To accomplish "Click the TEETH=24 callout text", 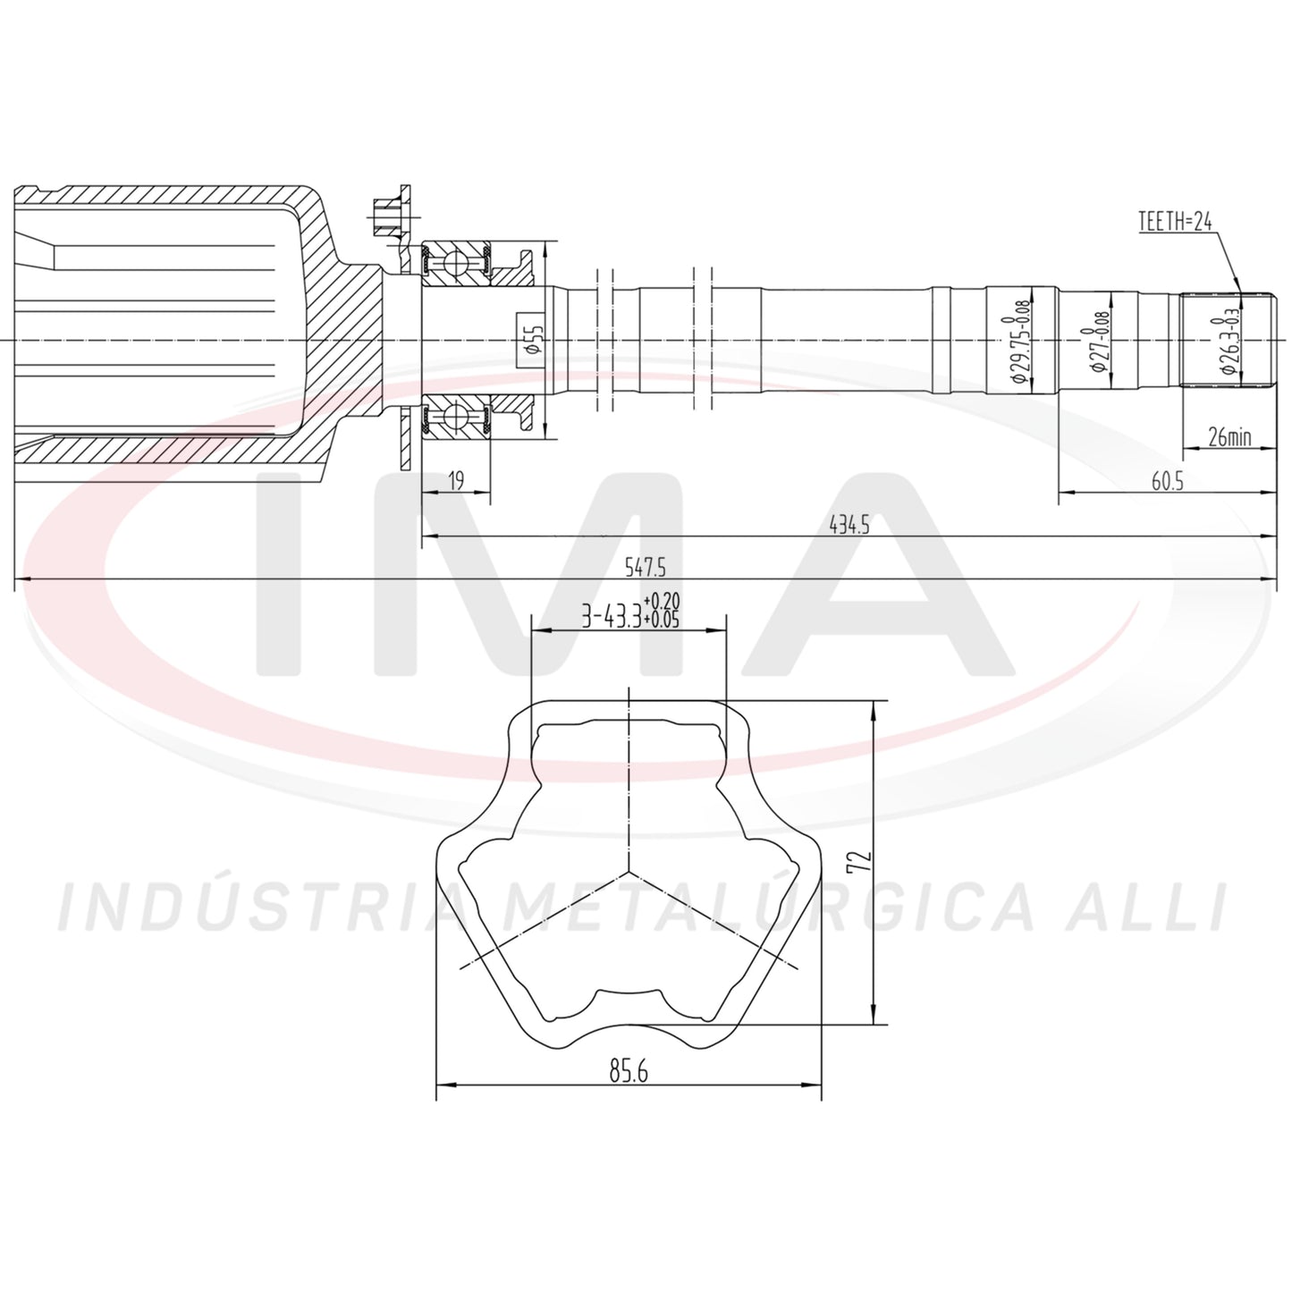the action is (x=1176, y=221).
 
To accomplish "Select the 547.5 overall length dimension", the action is (x=646, y=569).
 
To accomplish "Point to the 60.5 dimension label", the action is (x=1168, y=481).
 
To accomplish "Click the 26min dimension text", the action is (x=1229, y=438).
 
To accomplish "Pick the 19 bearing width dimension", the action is (x=456, y=480).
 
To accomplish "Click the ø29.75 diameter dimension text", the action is (x=1019, y=342).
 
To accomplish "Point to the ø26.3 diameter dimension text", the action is (x=1229, y=342).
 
